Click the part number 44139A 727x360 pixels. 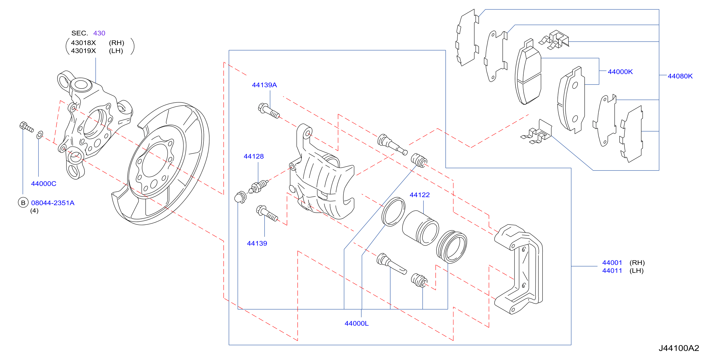click(x=264, y=85)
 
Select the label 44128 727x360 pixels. click(x=253, y=156)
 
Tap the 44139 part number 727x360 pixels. click(x=257, y=243)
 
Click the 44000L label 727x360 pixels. click(x=356, y=324)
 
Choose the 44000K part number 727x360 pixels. click(x=620, y=72)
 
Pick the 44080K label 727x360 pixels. click(x=680, y=76)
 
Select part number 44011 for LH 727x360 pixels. click(x=612, y=271)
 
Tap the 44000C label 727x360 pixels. click(x=43, y=184)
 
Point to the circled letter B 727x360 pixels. click(x=23, y=203)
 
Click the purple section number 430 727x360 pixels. click(x=99, y=33)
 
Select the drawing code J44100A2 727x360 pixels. click(x=679, y=348)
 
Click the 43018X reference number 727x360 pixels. click(x=83, y=43)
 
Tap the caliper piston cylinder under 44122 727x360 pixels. click(x=420, y=228)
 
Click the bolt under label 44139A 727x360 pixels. click(x=269, y=111)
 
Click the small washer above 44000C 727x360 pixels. click(x=40, y=135)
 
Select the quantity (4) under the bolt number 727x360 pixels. click(x=34, y=211)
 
